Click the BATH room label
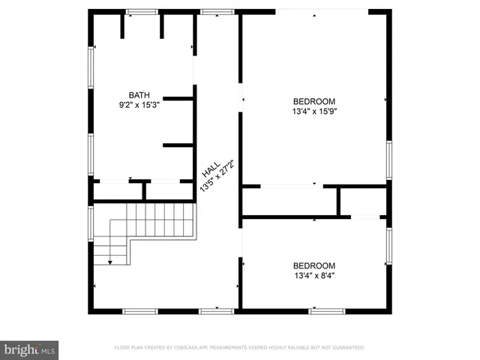pyautogui.click(x=139, y=95)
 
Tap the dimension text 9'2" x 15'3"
pyautogui.click(x=139, y=106)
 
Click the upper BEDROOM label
pyautogui.click(x=313, y=101)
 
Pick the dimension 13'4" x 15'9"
pyautogui.click(x=313, y=112)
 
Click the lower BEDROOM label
pyautogui.click(x=313, y=265)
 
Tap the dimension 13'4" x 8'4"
pyautogui.click(x=313, y=276)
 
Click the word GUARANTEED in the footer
pyautogui.click(x=343, y=348)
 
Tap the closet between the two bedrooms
pyautogui.click(x=289, y=201)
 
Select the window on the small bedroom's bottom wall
pyautogui.click(x=327, y=310)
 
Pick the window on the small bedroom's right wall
pyautogui.click(x=389, y=247)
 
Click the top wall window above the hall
pyautogui.click(x=217, y=11)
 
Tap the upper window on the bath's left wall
pyautogui.click(x=91, y=68)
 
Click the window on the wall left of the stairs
pyautogui.click(x=91, y=223)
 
